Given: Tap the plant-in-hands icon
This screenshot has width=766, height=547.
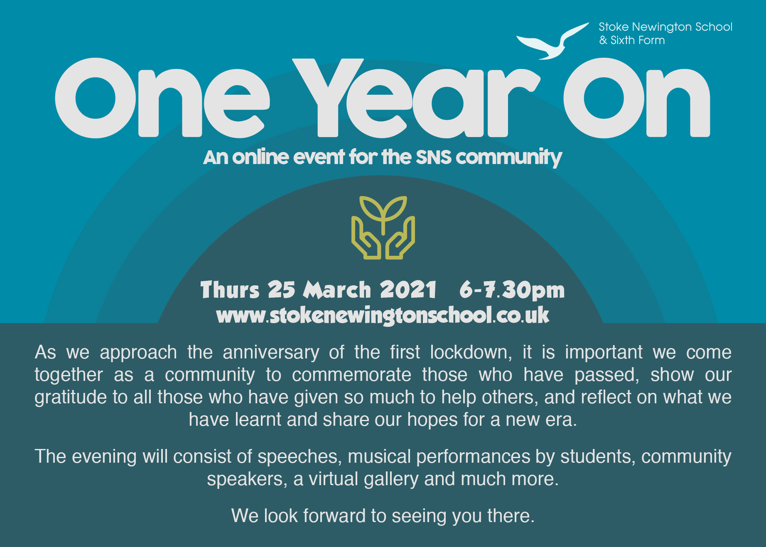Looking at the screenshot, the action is click(x=383, y=228).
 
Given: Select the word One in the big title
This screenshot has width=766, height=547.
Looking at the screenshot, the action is click(x=162, y=98).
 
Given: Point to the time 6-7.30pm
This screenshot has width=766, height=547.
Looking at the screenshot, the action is click(x=512, y=289).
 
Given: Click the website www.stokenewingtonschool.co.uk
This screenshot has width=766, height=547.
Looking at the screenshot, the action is click(x=383, y=315).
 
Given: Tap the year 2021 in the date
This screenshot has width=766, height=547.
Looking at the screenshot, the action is click(x=408, y=289).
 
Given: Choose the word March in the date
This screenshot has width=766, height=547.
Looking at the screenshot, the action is click(x=337, y=289).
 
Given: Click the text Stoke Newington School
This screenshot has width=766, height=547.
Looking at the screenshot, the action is click(x=665, y=27).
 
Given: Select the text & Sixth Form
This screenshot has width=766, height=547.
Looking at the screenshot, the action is click(x=632, y=40).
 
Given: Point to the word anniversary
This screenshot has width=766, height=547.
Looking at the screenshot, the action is click(x=271, y=353).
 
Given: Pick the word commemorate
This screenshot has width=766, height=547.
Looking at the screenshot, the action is click(x=351, y=375).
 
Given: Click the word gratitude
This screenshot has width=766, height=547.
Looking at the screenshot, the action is click(x=71, y=398).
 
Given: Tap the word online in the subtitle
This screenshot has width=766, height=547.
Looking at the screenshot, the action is click(x=260, y=157).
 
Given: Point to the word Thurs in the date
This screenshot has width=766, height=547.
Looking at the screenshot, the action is click(x=230, y=289).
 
